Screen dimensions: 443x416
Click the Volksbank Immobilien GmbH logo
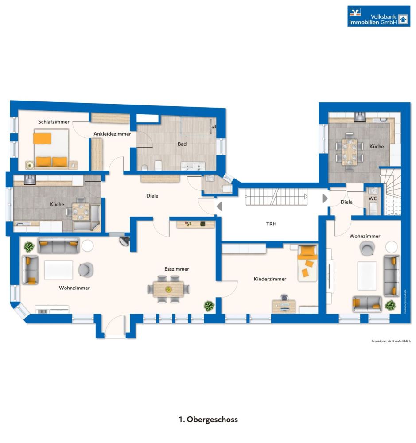pos(378,16)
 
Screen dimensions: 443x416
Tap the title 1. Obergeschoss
pos(208,419)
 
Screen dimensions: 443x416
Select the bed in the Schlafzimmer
pos(51,148)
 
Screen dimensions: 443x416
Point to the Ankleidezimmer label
pos(112,134)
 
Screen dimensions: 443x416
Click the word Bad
pos(182,144)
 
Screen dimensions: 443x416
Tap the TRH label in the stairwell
pos(271,224)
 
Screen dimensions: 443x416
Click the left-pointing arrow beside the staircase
pos(219,206)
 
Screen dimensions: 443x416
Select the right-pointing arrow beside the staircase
pos(325,198)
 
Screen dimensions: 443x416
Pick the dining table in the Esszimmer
pos(168,289)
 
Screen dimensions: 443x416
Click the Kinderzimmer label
pos(270,279)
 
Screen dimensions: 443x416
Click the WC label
pos(373,199)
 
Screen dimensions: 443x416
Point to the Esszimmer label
pos(176,269)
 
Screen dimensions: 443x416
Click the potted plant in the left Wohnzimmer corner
pos(29,246)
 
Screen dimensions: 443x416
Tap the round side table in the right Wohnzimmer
pos(391,246)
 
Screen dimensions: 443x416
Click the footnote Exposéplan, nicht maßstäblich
pos(391,341)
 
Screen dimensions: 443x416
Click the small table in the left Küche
pos(81,211)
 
